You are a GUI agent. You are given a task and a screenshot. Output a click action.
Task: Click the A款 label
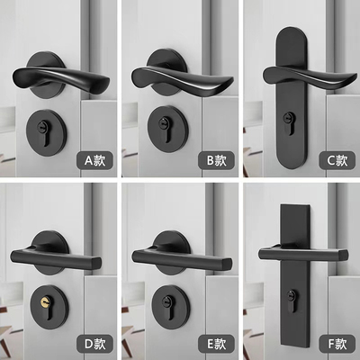click(x=95, y=161)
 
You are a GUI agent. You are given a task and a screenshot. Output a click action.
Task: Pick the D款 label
click(x=95, y=343)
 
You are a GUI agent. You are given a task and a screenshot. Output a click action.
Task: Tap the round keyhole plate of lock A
click(x=42, y=127)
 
